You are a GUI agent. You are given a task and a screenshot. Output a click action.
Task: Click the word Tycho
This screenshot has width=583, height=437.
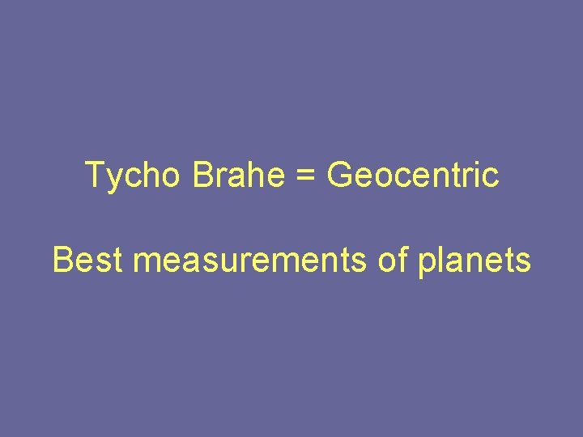point(134,176)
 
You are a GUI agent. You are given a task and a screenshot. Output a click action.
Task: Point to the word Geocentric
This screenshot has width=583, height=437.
point(413,175)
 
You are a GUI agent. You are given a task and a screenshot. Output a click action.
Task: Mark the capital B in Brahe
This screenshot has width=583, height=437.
point(202,175)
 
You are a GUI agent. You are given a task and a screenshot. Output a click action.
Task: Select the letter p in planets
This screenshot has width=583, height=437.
point(428,264)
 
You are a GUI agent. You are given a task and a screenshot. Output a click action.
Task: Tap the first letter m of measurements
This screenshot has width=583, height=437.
point(147,263)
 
